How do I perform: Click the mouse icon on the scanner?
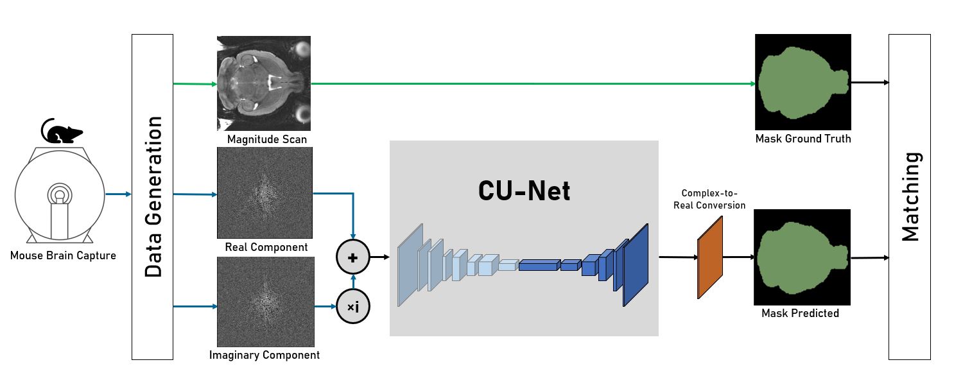(62, 132)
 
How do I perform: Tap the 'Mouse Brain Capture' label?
(63, 256)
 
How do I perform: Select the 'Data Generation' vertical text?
(153, 197)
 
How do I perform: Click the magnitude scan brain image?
(264, 83)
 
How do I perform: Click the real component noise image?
(265, 192)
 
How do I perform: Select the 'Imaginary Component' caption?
(265, 354)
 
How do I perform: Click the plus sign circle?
(352, 257)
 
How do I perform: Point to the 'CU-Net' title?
(524, 190)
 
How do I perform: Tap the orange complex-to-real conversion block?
(710, 257)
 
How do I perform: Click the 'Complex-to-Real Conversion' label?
(713, 199)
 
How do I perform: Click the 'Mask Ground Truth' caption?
(802, 139)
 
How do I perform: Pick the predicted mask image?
(801, 257)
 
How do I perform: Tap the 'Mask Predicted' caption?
(800, 313)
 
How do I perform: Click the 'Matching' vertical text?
(910, 196)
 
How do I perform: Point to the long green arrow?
(533, 83)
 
